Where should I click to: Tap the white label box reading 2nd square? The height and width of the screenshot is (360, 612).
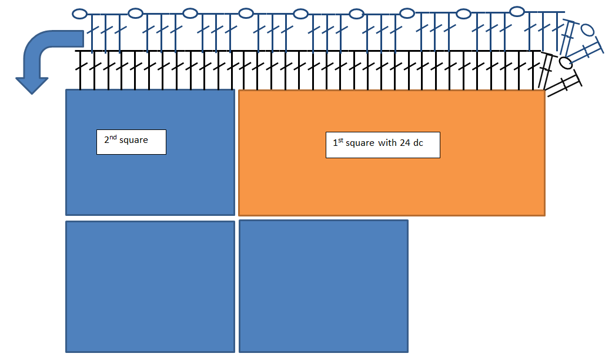(x=131, y=142)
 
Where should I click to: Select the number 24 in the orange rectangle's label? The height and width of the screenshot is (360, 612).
(x=404, y=143)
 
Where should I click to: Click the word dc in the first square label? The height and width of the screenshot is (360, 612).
(x=418, y=143)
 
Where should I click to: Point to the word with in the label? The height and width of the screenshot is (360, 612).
(x=387, y=143)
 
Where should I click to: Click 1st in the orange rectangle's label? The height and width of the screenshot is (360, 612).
(x=338, y=142)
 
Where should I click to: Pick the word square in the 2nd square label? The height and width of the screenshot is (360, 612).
(x=133, y=141)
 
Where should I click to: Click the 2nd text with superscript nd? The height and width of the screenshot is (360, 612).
(x=111, y=139)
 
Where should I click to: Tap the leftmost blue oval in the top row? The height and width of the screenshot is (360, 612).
(x=79, y=14)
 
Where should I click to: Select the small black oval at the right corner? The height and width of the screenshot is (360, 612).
(x=566, y=62)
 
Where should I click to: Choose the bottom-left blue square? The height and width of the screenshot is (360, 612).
(x=151, y=286)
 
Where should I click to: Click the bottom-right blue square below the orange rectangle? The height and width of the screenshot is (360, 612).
(x=323, y=286)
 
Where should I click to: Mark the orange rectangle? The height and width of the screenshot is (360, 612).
(x=392, y=153)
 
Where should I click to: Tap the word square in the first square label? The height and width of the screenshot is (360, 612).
(x=360, y=144)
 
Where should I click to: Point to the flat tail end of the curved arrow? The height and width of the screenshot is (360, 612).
(x=83, y=39)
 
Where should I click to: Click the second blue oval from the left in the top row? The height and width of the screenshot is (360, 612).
(x=135, y=14)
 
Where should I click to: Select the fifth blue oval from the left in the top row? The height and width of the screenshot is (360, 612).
(x=300, y=14)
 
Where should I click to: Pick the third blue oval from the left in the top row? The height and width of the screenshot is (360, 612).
(x=190, y=14)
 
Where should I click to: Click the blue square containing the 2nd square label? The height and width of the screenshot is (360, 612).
(x=151, y=152)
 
